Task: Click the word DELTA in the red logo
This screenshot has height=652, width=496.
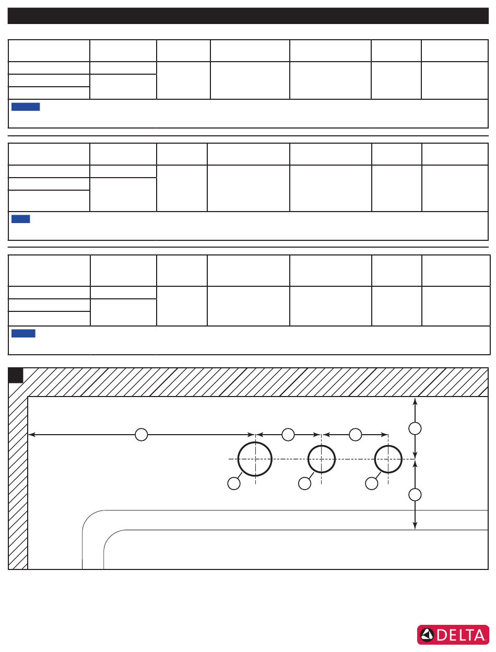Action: [460, 635]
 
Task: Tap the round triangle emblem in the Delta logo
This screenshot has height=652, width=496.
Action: [427, 635]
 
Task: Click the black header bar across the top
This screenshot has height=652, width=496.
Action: [248, 16]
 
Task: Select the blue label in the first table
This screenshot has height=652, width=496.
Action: [26, 107]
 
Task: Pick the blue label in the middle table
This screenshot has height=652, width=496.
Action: [20, 218]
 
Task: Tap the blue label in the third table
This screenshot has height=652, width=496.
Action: [23, 333]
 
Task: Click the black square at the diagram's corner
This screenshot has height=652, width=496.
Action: [16, 376]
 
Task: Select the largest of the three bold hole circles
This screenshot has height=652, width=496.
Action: [255, 459]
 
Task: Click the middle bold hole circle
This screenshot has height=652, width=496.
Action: [322, 459]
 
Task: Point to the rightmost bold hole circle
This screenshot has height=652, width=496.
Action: [388, 459]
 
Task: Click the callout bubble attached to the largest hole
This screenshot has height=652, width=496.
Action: [234, 483]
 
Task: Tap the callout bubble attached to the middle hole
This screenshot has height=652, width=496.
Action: [304, 483]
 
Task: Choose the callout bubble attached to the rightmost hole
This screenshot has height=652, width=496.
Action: [372, 483]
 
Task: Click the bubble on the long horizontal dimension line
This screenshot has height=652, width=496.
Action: [141, 435]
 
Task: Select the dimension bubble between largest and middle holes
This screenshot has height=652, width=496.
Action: [288, 435]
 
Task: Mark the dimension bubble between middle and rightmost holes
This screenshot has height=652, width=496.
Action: [356, 435]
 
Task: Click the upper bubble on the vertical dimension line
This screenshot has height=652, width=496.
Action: [415, 428]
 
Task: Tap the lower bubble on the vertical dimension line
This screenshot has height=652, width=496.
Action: [415, 495]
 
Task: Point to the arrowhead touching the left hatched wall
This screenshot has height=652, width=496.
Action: [31, 435]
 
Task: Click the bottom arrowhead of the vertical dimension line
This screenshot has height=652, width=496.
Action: [415, 526]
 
